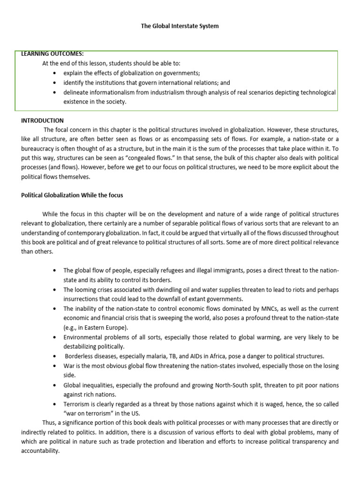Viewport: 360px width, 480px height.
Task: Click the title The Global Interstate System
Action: coord(180,26)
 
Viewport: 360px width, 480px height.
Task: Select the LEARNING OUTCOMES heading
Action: coord(52,53)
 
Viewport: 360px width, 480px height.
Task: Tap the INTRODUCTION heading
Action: coord(42,120)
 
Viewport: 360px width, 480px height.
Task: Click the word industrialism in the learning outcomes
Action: coord(170,92)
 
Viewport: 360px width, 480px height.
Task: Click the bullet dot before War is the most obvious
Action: coord(56,366)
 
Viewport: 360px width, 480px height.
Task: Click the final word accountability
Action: coord(40,451)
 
